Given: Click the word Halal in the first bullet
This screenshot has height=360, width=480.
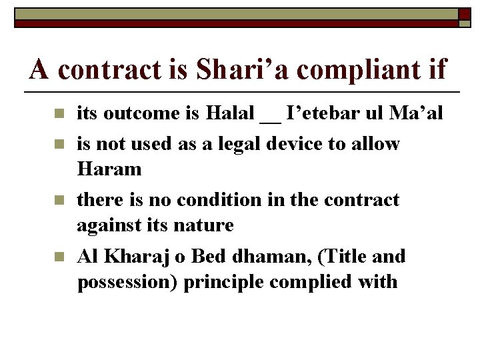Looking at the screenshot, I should click(x=230, y=114).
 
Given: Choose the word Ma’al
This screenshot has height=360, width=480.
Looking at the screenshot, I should click(x=415, y=114).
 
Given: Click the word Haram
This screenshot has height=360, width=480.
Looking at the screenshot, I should click(x=109, y=169).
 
